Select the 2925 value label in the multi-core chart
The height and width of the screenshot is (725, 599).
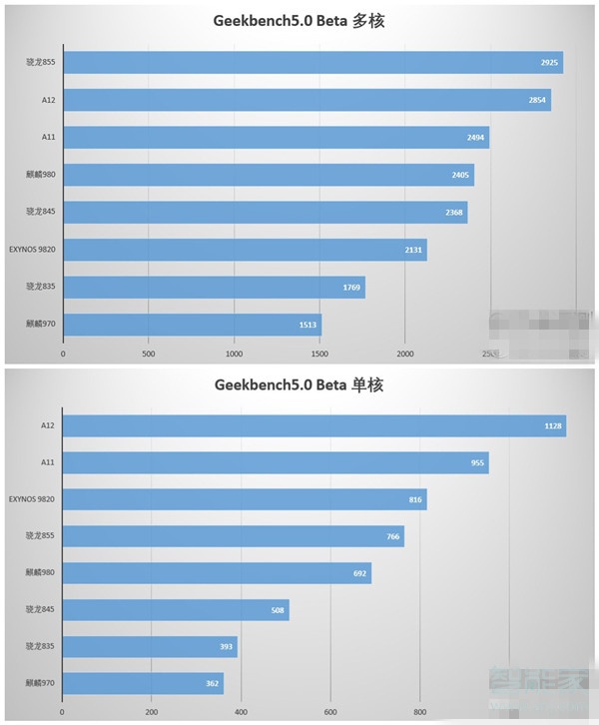coord(547,63)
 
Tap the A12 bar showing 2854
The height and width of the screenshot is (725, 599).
coord(306,100)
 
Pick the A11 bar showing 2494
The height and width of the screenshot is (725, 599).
coord(276,137)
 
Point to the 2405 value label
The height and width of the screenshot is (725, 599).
coord(459,175)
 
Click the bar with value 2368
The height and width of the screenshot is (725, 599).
coord(265,212)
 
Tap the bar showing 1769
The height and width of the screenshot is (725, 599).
coord(214,288)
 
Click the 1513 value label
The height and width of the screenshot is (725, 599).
coord(305,325)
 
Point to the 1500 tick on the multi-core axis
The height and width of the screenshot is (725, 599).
coord(319,354)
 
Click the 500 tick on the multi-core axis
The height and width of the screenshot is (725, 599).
coord(148,354)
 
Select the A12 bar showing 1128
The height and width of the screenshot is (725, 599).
coord(313,426)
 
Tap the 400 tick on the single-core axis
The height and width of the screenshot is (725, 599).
coord(241,713)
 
